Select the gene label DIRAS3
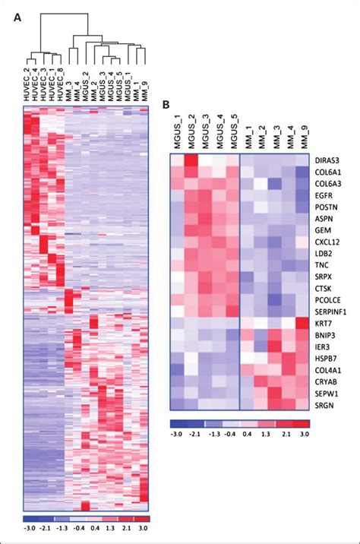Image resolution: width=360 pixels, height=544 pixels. pos(330,161)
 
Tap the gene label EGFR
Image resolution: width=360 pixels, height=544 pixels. pos(326,195)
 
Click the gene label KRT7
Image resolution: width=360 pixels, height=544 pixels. pos(324,322)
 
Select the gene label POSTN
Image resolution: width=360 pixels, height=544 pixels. pos(327,207)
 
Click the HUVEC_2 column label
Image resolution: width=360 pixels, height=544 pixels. pos(28,88)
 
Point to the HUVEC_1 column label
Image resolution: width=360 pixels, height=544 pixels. pos(53,88)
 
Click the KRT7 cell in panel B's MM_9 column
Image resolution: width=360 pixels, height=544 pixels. pos(302,322)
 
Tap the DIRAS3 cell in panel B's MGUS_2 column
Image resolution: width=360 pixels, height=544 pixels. pos(191,161)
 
